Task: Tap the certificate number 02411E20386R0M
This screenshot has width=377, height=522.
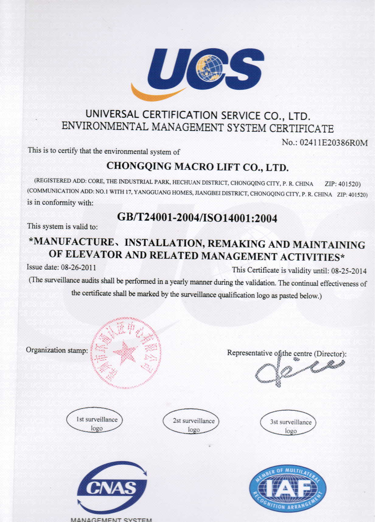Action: [x=333, y=142]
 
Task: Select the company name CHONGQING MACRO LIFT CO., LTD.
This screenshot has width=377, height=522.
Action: [x=197, y=166]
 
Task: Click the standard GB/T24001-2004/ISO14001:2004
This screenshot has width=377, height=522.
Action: [x=197, y=218]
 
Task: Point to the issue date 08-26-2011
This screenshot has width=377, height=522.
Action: [x=79, y=268]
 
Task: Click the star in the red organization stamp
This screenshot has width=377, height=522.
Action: [x=125, y=352]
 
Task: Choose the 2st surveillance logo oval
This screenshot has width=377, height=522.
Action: [x=192, y=423]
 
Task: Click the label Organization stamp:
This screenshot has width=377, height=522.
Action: [x=57, y=350]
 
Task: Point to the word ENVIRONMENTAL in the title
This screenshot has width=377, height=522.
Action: [x=105, y=126]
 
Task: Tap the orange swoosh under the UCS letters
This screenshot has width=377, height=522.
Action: [x=155, y=93]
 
